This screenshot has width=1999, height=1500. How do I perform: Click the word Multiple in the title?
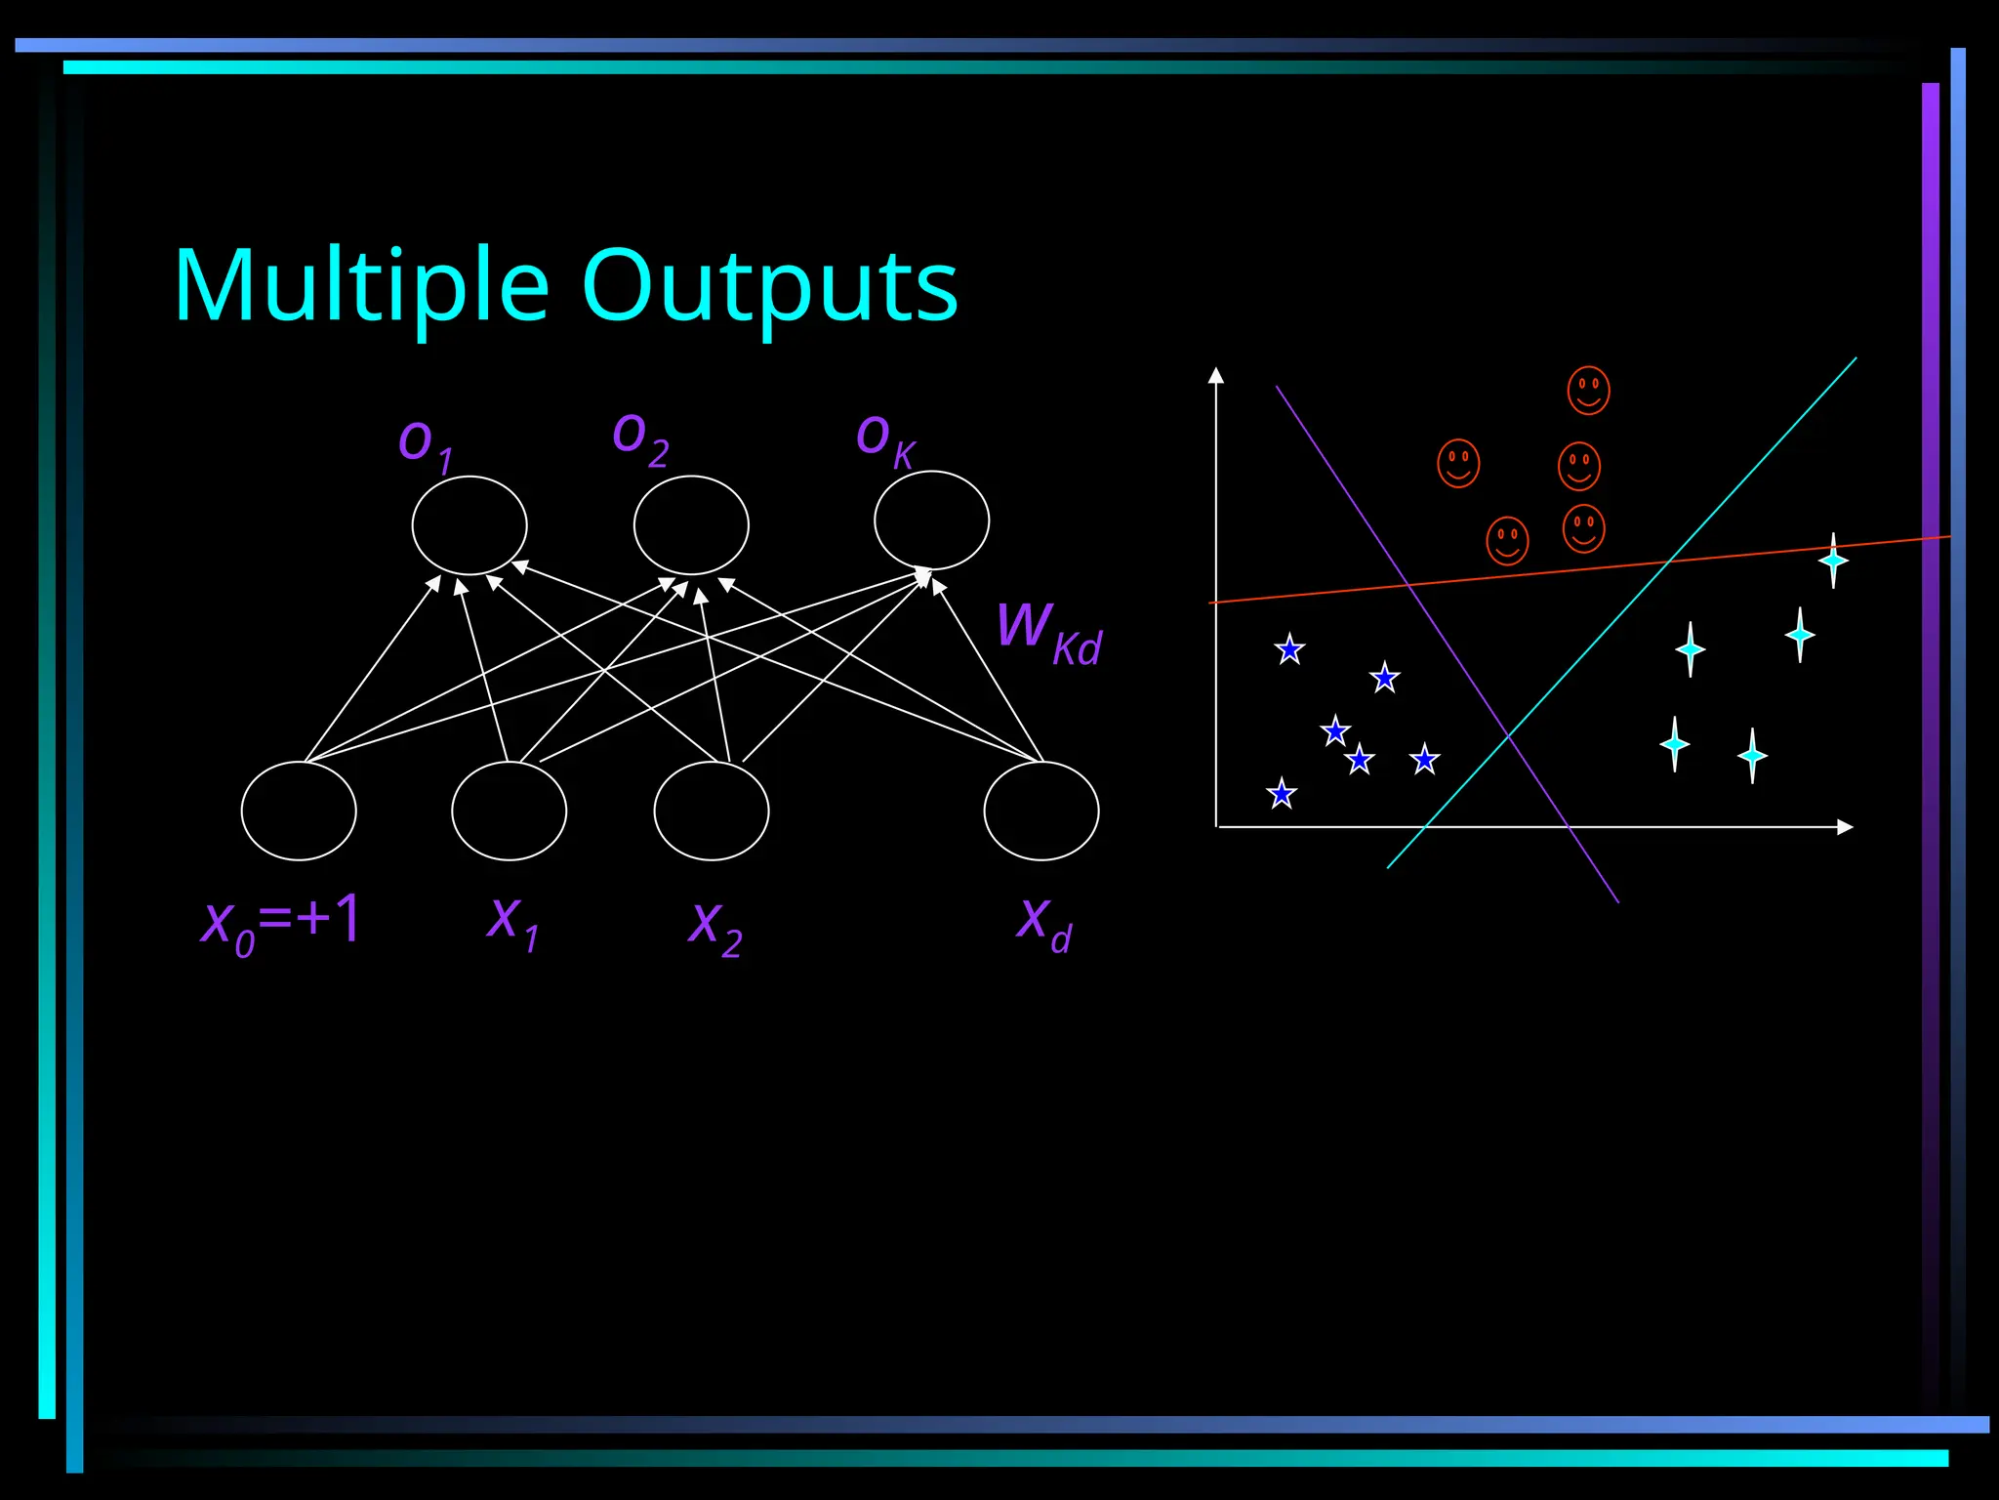pyautogui.click(x=361, y=287)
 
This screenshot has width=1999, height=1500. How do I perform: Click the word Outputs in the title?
pyautogui.click(x=769, y=287)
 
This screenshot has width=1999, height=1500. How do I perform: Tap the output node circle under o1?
pyautogui.click(x=469, y=525)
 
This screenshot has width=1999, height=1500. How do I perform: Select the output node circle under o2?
pyautogui.click(x=691, y=525)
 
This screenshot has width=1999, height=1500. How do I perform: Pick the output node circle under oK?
pyautogui.click(x=931, y=521)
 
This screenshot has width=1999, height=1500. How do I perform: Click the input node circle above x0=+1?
pyautogui.click(x=299, y=811)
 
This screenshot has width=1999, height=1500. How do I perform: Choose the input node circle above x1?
pyautogui.click(x=509, y=811)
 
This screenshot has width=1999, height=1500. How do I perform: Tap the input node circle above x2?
pyautogui.click(x=712, y=811)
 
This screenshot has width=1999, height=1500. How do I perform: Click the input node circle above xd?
pyautogui.click(x=1041, y=811)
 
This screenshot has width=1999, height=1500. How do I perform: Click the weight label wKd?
pyautogui.click(x=1049, y=633)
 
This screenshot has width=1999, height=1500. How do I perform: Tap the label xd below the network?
pyautogui.click(x=1044, y=923)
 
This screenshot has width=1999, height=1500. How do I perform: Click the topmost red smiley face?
pyautogui.click(x=1588, y=391)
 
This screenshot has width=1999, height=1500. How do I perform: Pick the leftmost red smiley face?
pyautogui.click(x=1458, y=463)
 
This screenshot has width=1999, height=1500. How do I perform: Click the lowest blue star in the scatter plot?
pyautogui.click(x=1282, y=793)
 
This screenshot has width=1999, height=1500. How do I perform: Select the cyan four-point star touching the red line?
pyautogui.click(x=1833, y=561)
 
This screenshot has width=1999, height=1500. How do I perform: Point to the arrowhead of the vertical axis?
pyautogui.click(x=1216, y=375)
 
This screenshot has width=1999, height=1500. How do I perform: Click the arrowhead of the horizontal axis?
pyautogui.click(x=1845, y=827)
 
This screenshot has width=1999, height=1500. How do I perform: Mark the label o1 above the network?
pyautogui.click(x=426, y=444)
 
